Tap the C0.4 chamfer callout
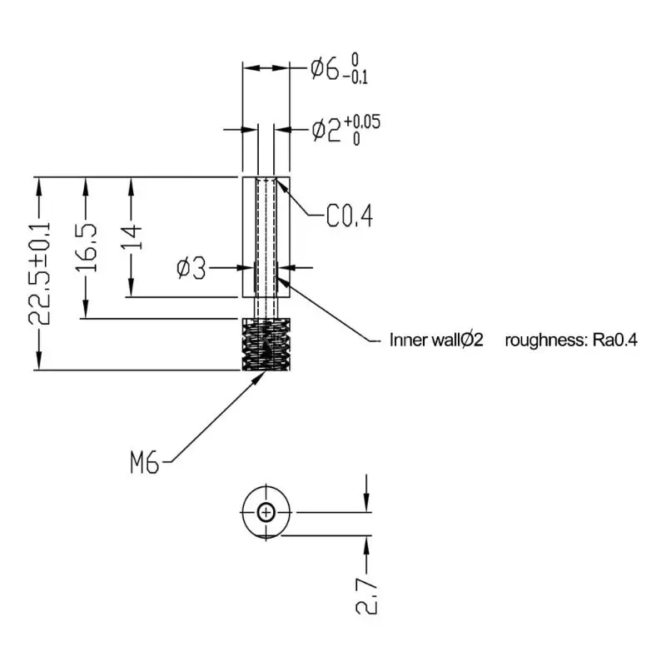[x=348, y=217]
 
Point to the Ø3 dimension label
[x=191, y=268]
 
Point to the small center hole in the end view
[x=266, y=513]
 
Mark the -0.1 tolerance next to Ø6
[x=359, y=78]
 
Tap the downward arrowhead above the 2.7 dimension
[x=366, y=503]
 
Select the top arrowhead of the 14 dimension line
[x=131, y=185]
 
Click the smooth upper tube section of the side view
[x=266, y=237]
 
